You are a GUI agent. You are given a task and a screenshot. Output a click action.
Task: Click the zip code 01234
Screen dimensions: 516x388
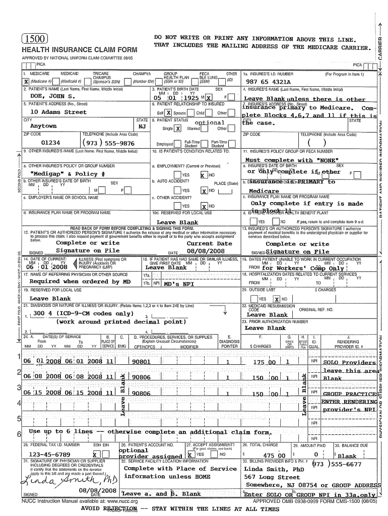(51, 143)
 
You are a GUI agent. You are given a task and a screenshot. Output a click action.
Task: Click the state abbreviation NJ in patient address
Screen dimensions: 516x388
(142, 126)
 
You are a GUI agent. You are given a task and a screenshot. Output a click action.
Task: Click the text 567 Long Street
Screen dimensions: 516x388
(272, 477)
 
